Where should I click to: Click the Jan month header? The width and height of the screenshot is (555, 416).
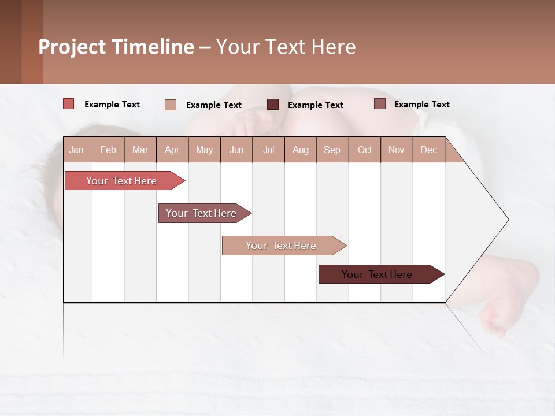pos(77,150)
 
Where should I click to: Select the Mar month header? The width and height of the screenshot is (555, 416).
pos(140,150)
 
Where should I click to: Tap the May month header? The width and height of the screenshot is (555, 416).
pos(204,150)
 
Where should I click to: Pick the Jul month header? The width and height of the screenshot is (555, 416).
pos(268,150)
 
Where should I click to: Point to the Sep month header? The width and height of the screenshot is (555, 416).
pos(332,150)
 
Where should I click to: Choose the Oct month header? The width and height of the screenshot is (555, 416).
pos(365,150)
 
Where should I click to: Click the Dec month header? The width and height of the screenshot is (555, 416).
pos(428,150)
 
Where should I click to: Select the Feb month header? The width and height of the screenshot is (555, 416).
pos(108,150)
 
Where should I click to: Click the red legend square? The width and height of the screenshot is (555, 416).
pos(69,104)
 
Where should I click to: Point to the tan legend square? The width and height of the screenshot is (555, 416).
pos(171,105)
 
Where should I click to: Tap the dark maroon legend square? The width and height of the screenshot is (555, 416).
pos(273,104)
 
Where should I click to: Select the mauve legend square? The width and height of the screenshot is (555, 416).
pos(380,104)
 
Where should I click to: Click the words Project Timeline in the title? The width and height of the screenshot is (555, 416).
pos(116,47)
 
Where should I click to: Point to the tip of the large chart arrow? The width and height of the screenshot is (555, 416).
pos(507,220)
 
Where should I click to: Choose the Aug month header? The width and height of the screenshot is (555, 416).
pos(300,150)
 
